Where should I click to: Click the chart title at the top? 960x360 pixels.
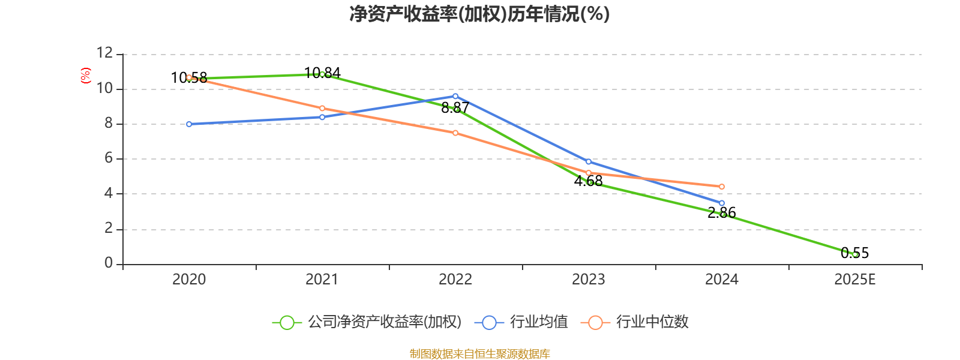(x=479, y=14)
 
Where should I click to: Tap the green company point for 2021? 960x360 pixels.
(x=322, y=74)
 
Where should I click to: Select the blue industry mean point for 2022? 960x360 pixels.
(x=455, y=96)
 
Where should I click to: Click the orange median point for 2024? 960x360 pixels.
(x=722, y=187)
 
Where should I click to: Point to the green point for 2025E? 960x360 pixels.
(x=855, y=254)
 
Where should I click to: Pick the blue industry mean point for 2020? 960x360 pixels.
(x=189, y=124)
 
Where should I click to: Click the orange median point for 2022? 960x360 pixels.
(x=455, y=133)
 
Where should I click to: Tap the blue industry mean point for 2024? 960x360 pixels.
(x=722, y=203)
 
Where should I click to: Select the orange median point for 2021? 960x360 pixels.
(x=322, y=108)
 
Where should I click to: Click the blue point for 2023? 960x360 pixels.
(x=589, y=161)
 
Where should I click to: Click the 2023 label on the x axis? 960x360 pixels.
(x=589, y=280)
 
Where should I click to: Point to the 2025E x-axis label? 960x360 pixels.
(x=854, y=280)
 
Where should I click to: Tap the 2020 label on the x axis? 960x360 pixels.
(x=189, y=280)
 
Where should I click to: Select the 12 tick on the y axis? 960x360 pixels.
(x=105, y=53)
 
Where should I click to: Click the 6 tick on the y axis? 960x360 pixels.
(x=109, y=158)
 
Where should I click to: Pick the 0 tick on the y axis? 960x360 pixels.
(x=109, y=263)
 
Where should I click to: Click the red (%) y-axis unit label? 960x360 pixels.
(x=86, y=76)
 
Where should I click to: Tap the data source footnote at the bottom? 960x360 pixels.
(x=479, y=353)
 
